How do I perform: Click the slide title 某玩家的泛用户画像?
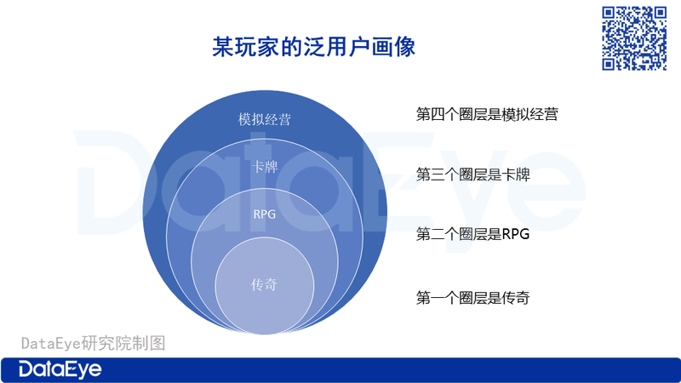(x=313, y=47)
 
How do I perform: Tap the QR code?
(x=634, y=38)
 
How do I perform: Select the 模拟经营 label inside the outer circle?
(x=265, y=119)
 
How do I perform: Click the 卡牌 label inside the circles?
(x=265, y=167)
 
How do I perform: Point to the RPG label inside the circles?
(x=265, y=214)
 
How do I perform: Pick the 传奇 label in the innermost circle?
(x=264, y=285)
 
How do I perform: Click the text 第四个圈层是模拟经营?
(x=487, y=114)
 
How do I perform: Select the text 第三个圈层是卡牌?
(x=473, y=174)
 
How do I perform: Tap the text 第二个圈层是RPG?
(x=473, y=235)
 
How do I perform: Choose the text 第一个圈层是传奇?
(x=473, y=298)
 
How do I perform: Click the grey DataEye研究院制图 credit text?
(x=94, y=343)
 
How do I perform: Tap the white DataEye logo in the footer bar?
(x=60, y=369)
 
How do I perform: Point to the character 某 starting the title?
(x=223, y=47)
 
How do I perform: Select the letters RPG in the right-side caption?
(x=516, y=235)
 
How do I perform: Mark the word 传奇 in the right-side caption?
(x=516, y=298)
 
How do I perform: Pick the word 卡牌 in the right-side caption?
(x=516, y=174)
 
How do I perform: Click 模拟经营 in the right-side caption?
(x=529, y=114)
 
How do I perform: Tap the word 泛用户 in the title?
(x=336, y=47)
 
